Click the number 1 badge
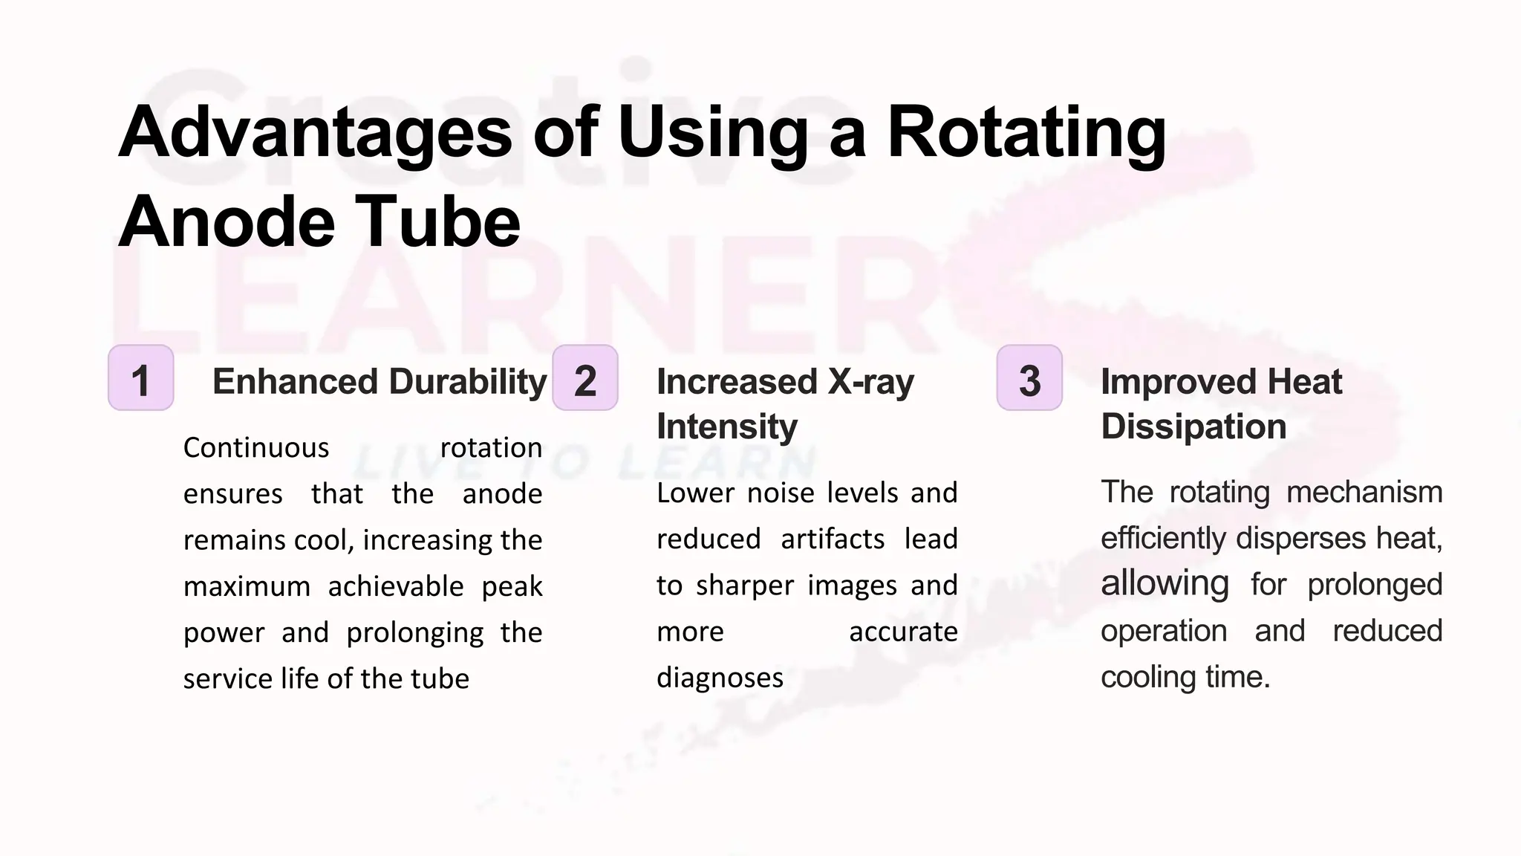pos(140,378)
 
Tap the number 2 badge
pos(585,378)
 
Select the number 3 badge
pos(1029,378)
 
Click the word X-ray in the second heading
pos(871,383)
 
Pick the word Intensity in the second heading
pos(727,427)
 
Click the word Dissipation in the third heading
pos(1193,427)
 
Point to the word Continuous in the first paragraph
pos(256,448)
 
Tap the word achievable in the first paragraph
pos(396,587)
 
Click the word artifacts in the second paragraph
pos(833,539)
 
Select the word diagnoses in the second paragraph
pos(720,678)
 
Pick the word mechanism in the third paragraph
pos(1364,493)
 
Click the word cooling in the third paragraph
pos(1147,677)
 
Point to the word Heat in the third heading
pos(1304,383)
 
